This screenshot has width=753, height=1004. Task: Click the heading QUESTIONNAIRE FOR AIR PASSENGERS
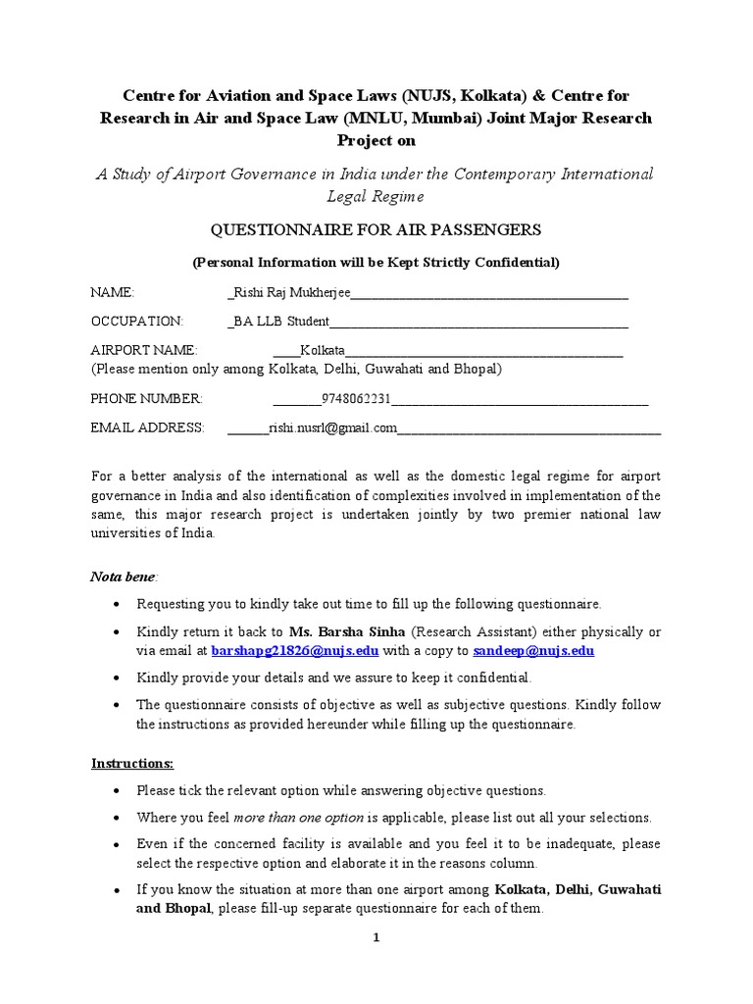point(376,229)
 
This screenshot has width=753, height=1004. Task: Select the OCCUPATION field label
point(136,321)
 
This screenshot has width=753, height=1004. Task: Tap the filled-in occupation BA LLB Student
point(280,321)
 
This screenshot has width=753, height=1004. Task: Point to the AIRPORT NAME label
point(144,350)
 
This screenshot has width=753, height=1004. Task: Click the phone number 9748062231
point(349,398)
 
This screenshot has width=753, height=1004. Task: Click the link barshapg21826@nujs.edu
point(294,650)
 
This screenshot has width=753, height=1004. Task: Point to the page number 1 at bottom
point(375,937)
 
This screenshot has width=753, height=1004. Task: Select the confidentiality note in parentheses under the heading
point(376,262)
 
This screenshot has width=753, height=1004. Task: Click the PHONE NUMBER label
point(146,398)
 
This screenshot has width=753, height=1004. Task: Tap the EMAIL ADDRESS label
point(147,427)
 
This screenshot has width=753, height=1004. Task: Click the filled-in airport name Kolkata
point(323,350)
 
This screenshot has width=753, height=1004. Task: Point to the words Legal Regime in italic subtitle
point(376,197)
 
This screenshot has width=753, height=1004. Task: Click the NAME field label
point(112,292)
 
